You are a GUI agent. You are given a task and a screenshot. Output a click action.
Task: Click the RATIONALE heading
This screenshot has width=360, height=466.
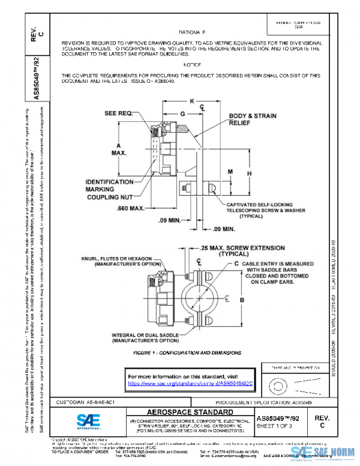click(192, 31)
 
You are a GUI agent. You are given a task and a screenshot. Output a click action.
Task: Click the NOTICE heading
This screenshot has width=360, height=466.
click(192, 64)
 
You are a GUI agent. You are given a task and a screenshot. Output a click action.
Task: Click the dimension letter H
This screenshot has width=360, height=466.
click(249, 173)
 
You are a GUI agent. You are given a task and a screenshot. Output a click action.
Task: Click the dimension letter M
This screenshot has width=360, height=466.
click(230, 172)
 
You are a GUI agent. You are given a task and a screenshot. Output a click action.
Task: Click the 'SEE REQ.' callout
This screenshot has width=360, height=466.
click(119, 112)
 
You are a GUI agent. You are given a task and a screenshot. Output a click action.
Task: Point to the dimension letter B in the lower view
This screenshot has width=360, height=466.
click(241, 299)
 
